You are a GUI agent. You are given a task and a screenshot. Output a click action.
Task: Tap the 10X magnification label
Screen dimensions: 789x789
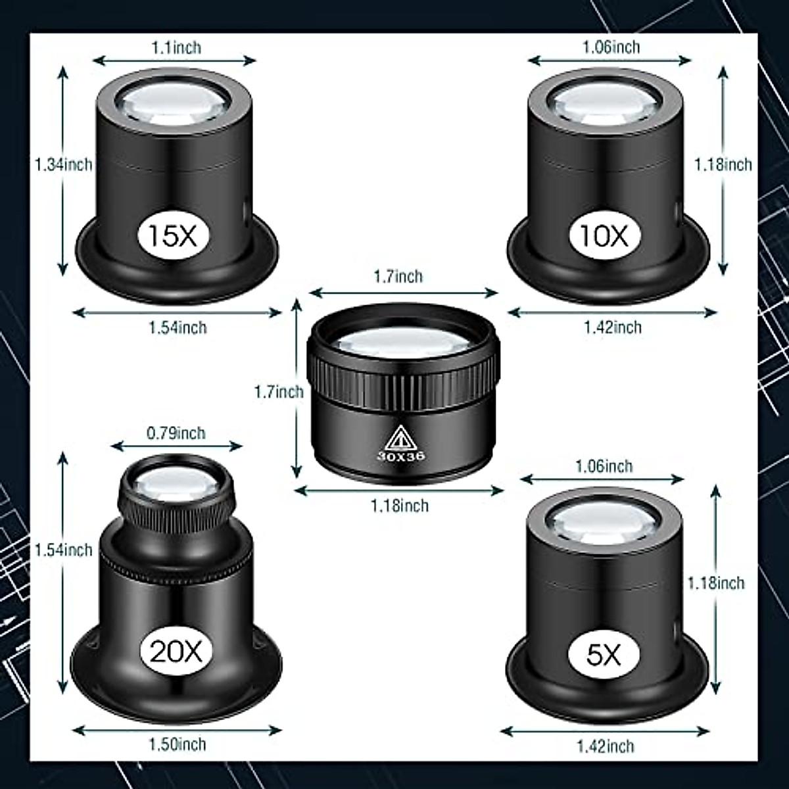click(604, 235)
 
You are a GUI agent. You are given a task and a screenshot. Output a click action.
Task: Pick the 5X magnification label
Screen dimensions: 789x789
click(603, 654)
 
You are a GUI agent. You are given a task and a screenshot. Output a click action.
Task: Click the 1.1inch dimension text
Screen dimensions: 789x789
click(176, 47)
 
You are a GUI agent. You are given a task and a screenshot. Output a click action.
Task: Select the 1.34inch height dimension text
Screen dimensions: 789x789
click(64, 164)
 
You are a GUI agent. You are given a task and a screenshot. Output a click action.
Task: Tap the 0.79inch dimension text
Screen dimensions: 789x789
click(176, 433)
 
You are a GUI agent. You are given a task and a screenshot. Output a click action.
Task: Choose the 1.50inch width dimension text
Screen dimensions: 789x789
click(176, 744)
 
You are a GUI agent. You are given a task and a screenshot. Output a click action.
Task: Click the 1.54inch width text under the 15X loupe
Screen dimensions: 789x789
click(177, 327)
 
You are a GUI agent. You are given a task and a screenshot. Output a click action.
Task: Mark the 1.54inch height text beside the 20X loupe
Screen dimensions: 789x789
click(64, 550)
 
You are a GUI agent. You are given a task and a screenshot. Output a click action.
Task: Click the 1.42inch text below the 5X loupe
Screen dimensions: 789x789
click(605, 746)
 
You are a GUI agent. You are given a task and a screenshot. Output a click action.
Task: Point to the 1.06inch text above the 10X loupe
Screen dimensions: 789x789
click(611, 47)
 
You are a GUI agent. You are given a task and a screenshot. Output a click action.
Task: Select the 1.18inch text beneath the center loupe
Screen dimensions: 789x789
click(399, 506)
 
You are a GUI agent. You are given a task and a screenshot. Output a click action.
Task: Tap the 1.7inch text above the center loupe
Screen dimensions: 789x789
click(398, 277)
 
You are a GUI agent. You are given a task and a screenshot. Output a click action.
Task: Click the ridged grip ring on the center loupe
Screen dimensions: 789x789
click(402, 380)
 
